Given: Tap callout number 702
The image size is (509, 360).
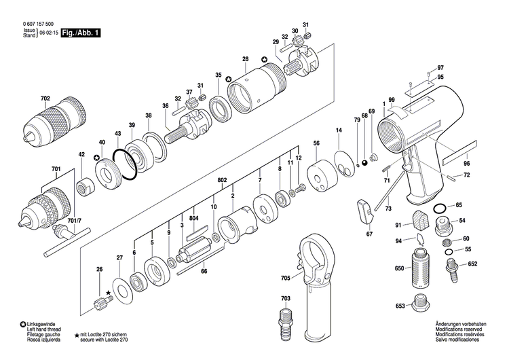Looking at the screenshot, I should click(45, 99).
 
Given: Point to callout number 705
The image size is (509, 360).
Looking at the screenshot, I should click(285, 278).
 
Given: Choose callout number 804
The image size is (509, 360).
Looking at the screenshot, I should click(193, 218).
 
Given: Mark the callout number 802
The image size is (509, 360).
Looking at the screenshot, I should click(221, 180).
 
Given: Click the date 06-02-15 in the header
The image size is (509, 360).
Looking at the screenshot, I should click(48, 33).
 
